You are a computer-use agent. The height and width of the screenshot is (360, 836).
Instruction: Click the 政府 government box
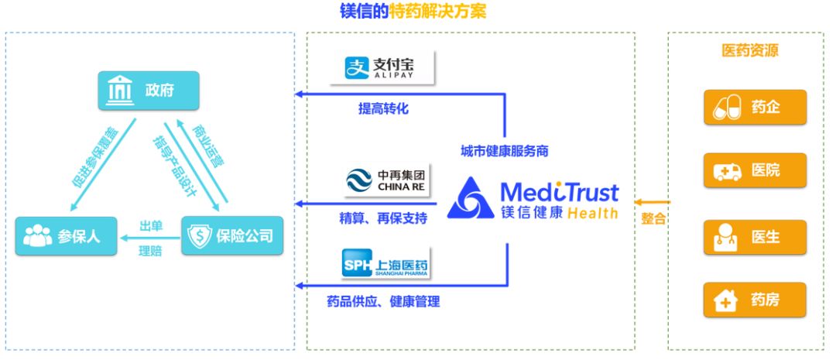148,91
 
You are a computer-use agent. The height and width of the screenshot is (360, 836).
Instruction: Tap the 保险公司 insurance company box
232,235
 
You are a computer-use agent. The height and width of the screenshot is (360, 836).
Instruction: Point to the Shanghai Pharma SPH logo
385,264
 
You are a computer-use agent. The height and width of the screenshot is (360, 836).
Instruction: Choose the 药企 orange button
755,108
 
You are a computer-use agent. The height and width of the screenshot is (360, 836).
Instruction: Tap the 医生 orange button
755,237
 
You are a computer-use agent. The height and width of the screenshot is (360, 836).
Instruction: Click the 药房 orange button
755,300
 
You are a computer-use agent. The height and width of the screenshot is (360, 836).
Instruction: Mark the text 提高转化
382,109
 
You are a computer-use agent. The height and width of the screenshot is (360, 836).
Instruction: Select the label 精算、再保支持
383,218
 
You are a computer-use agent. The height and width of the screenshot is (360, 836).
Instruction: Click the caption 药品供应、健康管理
383,301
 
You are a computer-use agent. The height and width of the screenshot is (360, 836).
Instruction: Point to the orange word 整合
653,219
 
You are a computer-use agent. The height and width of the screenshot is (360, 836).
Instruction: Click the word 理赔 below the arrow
150,251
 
